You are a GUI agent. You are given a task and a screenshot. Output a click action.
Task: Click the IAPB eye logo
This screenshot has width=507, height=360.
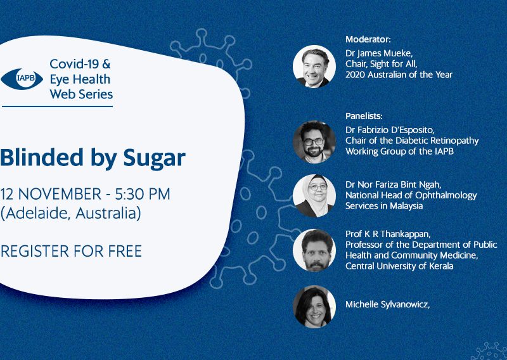tap(22, 79)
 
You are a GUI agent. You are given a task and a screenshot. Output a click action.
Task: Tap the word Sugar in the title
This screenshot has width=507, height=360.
tap(154, 158)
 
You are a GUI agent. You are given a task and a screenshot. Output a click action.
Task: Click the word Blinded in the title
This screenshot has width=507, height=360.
tap(42, 158)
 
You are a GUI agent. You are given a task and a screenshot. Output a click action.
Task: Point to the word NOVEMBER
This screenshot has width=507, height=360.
tap(60, 194)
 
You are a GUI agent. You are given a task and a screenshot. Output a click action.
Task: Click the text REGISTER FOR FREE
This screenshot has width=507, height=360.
tap(71, 252)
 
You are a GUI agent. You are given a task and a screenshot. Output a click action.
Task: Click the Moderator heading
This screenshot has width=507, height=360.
tap(368, 39)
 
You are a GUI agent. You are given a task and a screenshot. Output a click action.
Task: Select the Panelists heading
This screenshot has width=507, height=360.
tap(364, 116)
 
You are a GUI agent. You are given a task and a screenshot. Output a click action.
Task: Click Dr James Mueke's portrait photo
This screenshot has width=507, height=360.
tap(314, 67)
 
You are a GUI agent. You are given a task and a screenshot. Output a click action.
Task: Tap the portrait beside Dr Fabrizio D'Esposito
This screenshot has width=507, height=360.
tap(314, 142)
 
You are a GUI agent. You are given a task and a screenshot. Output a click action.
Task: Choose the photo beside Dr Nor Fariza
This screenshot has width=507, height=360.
tap(314, 196)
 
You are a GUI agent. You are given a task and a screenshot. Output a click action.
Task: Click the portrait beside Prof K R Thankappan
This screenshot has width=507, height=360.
tap(314, 250)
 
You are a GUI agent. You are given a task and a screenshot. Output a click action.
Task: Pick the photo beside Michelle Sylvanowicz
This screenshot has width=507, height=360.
tap(314, 307)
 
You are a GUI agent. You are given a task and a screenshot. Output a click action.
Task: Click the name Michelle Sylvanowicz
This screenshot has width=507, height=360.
tap(387, 305)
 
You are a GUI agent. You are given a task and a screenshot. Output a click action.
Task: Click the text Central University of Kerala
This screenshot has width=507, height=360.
tap(399, 266)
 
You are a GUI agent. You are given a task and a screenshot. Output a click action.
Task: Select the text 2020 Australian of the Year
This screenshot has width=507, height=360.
tap(399, 75)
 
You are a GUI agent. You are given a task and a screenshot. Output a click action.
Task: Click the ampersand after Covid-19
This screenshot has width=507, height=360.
tap(106, 64)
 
